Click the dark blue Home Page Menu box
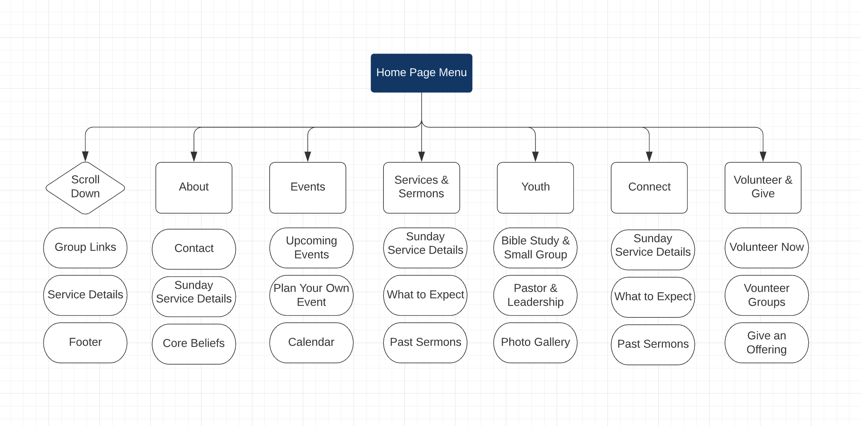coord(421,73)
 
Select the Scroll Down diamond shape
coord(85,187)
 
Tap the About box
coord(194,187)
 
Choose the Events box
coord(307,187)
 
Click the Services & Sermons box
coord(421,187)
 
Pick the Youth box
coord(535,187)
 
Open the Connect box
coord(649,187)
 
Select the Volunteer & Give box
coord(763,187)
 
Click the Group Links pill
coord(85,248)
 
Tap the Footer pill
coord(85,343)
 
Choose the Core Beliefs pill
coord(194,344)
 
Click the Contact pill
coord(194,249)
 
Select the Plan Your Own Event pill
coord(311,295)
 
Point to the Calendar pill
coord(311,343)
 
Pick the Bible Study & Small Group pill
coord(535,248)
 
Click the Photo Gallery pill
coord(535,343)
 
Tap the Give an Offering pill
coord(766,343)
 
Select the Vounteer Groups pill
coord(766,295)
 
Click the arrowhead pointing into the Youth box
coord(535,156)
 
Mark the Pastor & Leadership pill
coord(535,295)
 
